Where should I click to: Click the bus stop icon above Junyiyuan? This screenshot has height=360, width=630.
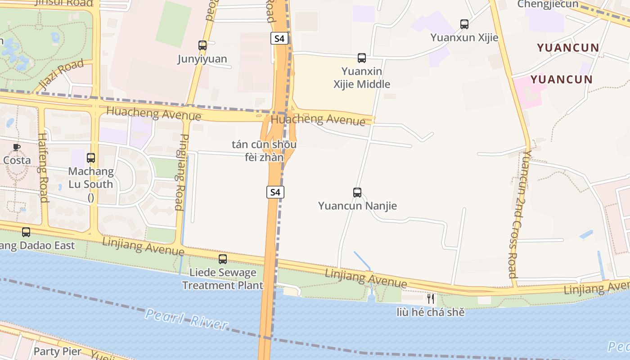point(202,45)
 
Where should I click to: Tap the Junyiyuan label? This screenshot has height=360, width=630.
point(202,59)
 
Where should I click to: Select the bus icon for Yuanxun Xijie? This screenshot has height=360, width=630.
point(464,24)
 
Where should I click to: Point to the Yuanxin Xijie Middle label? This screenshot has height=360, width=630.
point(362,78)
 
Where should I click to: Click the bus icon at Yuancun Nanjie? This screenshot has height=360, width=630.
point(357,193)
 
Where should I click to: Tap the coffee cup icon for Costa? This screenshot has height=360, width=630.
point(17,147)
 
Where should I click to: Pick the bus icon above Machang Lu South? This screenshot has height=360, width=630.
point(91,158)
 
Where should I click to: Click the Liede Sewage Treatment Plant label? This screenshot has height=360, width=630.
point(222,279)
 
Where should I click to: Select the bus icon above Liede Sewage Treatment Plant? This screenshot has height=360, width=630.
point(223,259)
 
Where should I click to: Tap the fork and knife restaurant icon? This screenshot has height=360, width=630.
point(431,298)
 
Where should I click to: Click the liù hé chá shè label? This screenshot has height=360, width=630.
point(431,312)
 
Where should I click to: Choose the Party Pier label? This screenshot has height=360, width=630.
point(58,351)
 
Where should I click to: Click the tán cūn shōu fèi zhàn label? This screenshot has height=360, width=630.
point(264,151)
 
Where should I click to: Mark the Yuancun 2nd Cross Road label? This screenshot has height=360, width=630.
point(518,214)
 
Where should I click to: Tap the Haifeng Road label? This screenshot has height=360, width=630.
point(43,167)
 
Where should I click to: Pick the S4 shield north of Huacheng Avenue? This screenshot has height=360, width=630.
point(279,38)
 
